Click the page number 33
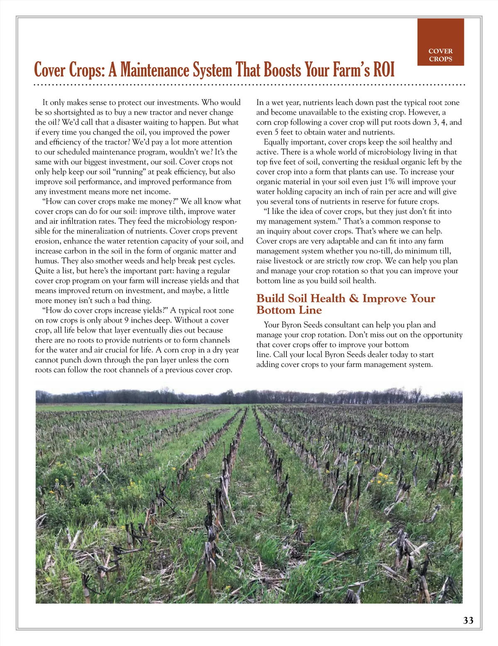[x=468, y=620]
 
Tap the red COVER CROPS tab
[x=440, y=42]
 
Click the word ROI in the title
[x=384, y=70]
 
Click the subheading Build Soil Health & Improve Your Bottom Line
[x=345, y=304]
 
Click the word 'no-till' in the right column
[x=383, y=251]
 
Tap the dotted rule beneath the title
[x=249, y=85]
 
